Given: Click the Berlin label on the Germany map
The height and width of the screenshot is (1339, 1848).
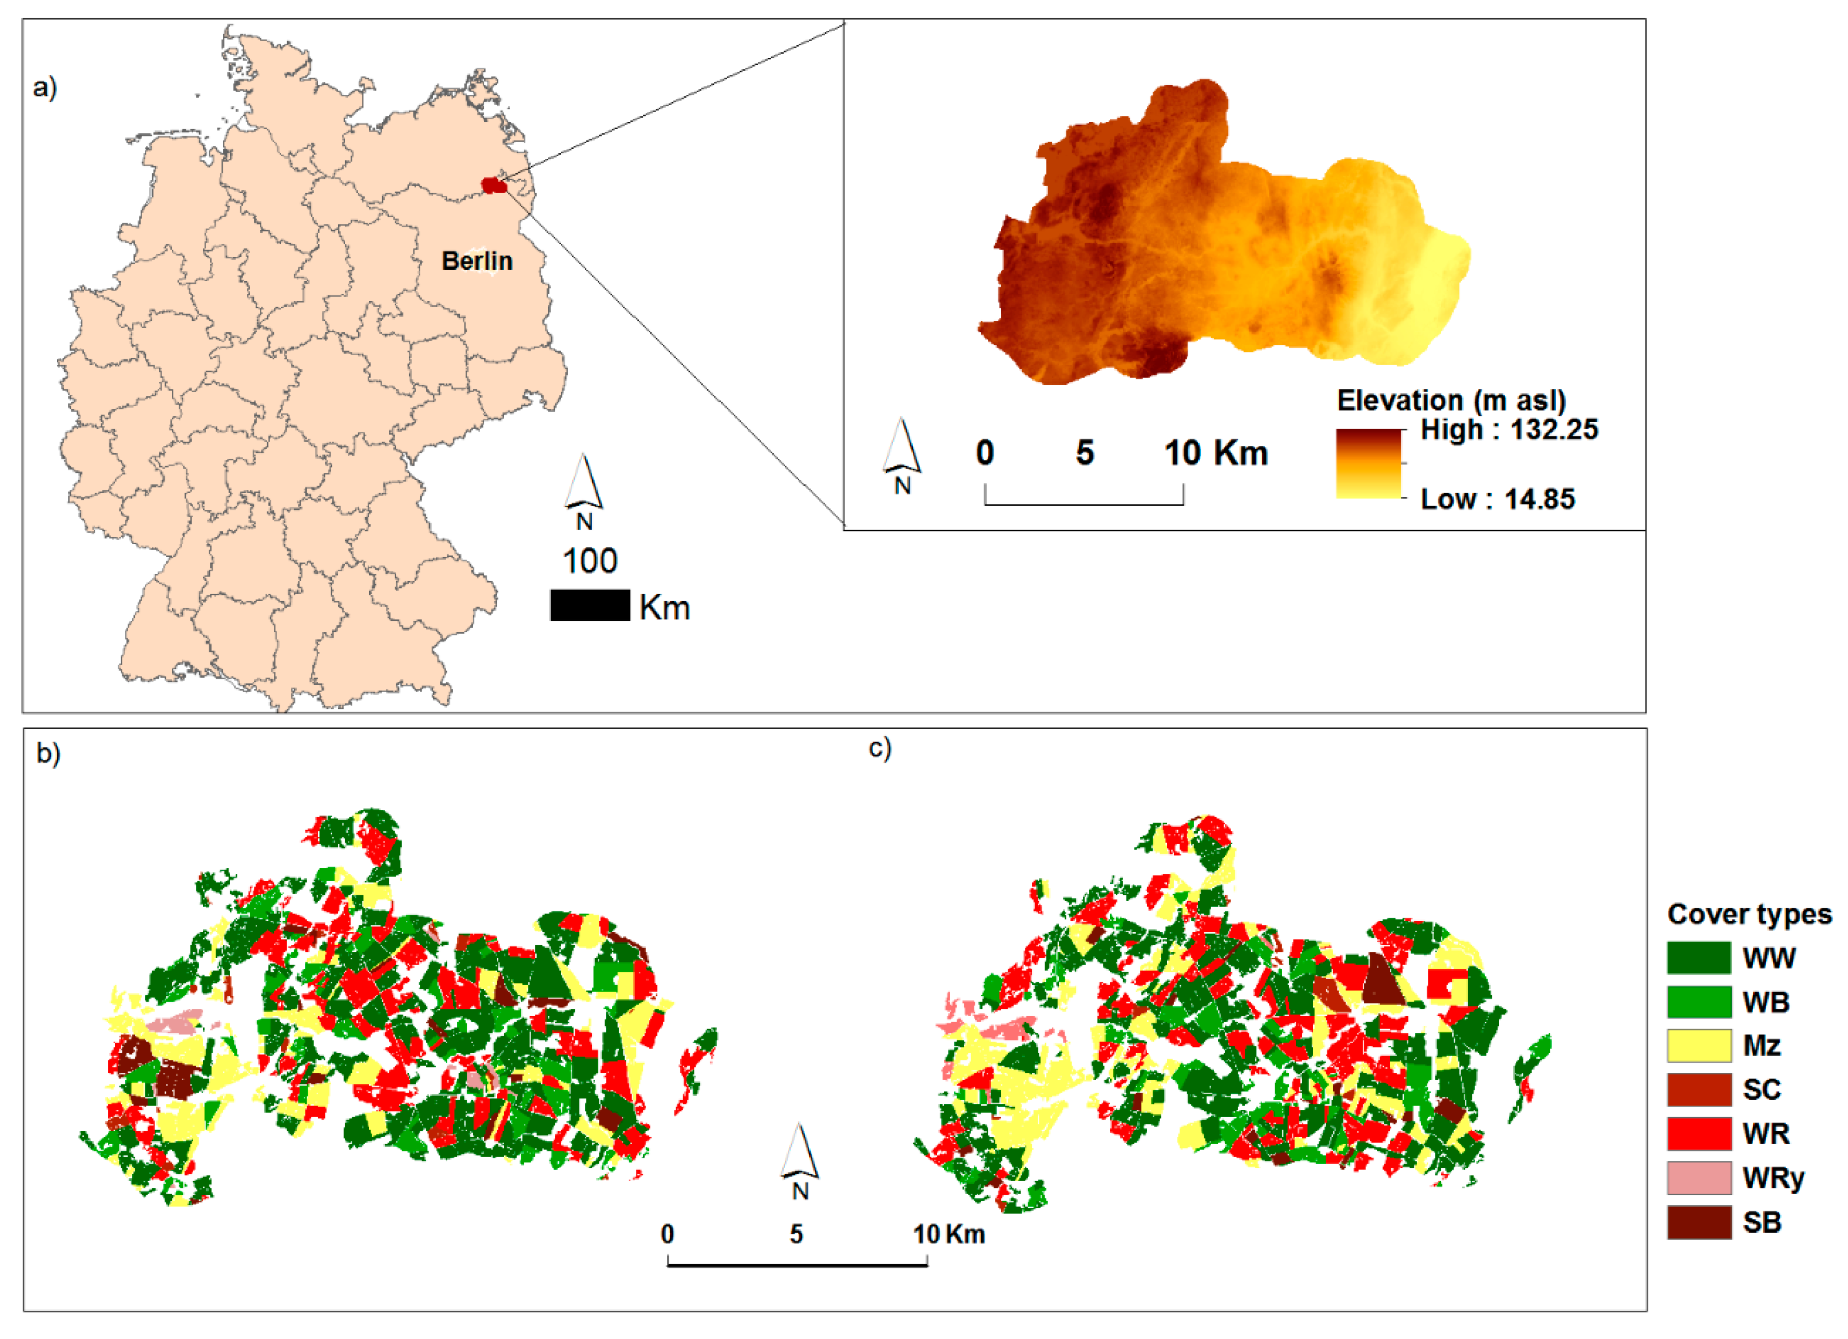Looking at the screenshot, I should pos(476,261).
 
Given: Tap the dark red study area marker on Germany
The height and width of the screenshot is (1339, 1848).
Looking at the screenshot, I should pos(494,186).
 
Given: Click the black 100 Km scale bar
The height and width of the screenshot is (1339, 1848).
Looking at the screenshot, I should pos(590,606).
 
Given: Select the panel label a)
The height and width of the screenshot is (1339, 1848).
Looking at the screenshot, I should pos(45,87).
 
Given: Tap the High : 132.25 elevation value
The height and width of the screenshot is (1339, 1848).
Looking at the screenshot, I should pos(1509,430).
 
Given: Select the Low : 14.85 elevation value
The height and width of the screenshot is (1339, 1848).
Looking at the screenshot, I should pos(1498,499).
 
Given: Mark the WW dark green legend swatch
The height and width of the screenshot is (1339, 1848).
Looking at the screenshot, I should pos(1699,958).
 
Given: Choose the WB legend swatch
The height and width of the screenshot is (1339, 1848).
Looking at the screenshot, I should pos(1699,1002).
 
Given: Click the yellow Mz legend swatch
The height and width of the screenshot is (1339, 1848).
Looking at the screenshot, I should pos(1699,1046).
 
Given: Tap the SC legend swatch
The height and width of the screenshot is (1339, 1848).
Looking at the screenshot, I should pos(1699,1090).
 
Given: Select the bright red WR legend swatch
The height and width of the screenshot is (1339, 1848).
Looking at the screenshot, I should pos(1699,1134).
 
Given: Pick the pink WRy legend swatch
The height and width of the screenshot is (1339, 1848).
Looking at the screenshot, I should pos(1699,1178).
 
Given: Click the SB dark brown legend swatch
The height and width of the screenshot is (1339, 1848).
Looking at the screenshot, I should pos(1699,1222).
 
